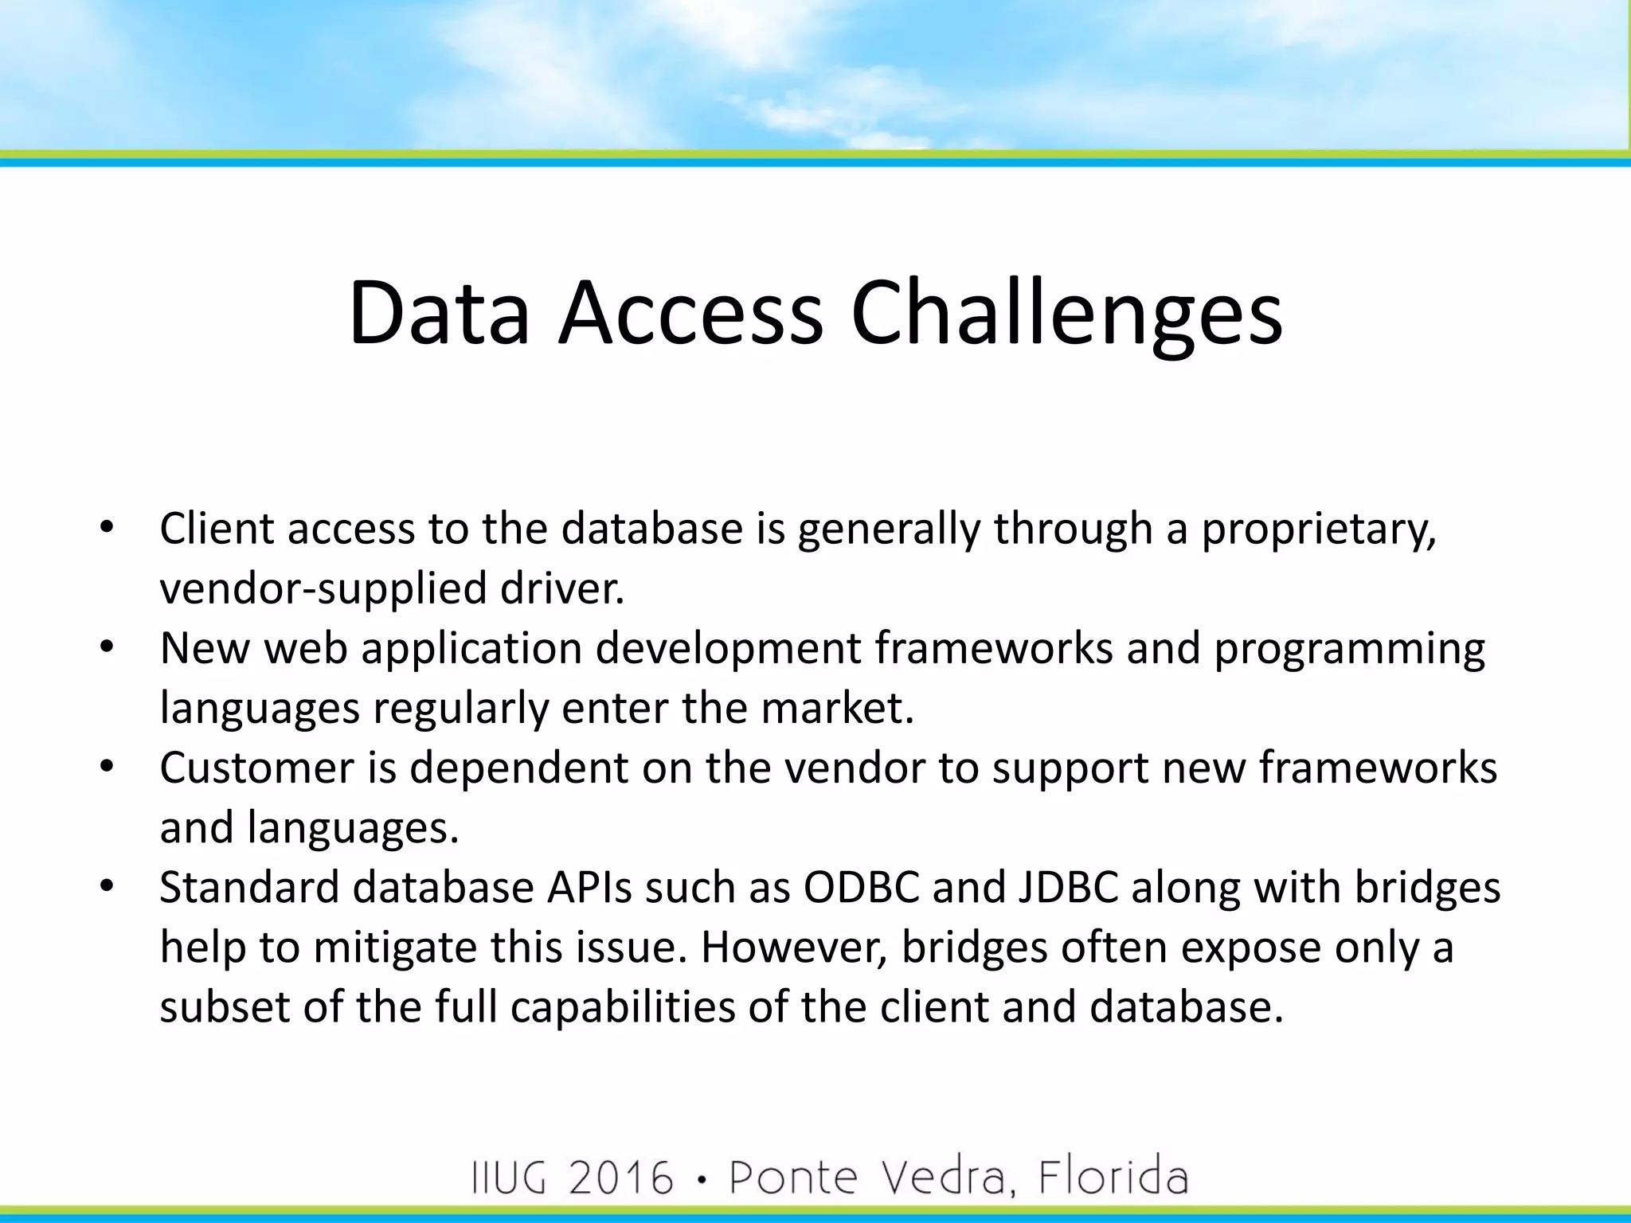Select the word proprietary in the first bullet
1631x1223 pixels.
(1318, 529)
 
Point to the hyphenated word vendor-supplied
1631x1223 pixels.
(323, 589)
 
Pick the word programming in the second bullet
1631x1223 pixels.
(1349, 649)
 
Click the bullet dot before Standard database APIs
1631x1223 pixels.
(108, 886)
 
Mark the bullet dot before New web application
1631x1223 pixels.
(108, 647)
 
